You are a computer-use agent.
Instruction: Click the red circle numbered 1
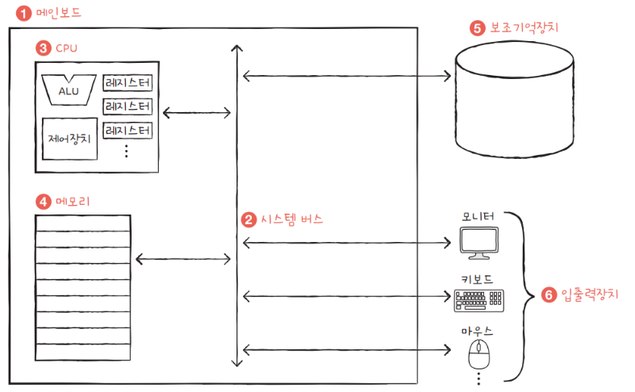[x=23, y=14]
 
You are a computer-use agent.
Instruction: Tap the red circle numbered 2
[x=249, y=220]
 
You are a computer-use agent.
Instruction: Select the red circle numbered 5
[x=478, y=28]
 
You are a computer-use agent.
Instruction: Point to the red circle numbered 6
[x=549, y=295]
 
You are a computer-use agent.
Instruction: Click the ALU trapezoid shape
[x=69, y=90]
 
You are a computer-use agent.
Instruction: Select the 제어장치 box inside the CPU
[x=69, y=139]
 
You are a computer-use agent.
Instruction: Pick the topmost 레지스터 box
[x=127, y=83]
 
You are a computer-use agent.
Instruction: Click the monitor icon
[x=479, y=243]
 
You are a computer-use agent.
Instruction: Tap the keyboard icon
[x=479, y=300]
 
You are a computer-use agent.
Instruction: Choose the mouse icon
[x=479, y=354]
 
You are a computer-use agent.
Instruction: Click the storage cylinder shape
[x=514, y=99]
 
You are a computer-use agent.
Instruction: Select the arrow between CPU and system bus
[x=197, y=113]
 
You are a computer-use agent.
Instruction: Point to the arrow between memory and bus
[x=183, y=259]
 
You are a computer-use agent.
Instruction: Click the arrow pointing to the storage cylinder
[x=347, y=76]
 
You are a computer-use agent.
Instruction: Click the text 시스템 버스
[x=291, y=219]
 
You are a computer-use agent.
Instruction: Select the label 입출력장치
[x=590, y=294]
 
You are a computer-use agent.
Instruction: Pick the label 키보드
[x=477, y=279]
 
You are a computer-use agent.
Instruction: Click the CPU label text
[x=66, y=48]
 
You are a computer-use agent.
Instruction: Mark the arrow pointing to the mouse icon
[x=347, y=349]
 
